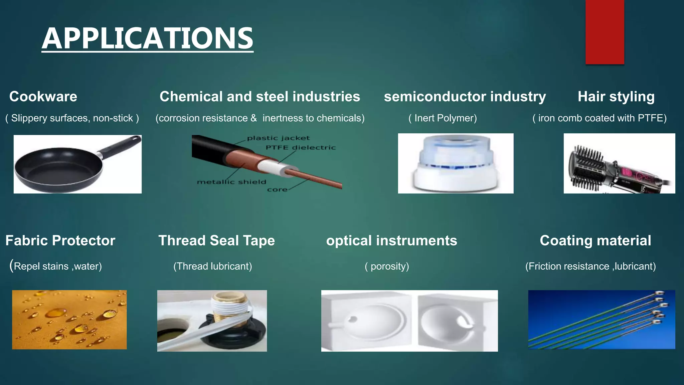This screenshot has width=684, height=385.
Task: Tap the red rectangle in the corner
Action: (x=605, y=32)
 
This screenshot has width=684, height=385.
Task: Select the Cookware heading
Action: (x=43, y=97)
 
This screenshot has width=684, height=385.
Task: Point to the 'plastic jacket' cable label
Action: (x=278, y=138)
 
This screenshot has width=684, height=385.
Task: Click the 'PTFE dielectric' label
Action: (x=301, y=147)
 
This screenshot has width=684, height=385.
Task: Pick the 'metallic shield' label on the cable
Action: (x=231, y=182)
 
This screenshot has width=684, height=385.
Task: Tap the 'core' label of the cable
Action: (x=277, y=189)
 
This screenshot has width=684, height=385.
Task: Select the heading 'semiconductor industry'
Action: (x=465, y=97)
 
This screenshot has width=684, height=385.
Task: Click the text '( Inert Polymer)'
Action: (x=443, y=118)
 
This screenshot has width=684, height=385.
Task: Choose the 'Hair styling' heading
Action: (x=616, y=97)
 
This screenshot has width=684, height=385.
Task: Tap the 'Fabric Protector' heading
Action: (x=60, y=241)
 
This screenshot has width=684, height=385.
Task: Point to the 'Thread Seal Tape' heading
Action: (x=216, y=241)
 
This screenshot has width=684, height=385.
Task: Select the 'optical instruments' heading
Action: (x=391, y=241)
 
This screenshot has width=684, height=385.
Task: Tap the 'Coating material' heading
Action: (x=595, y=241)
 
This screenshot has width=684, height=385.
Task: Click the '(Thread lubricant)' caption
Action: (x=212, y=266)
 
